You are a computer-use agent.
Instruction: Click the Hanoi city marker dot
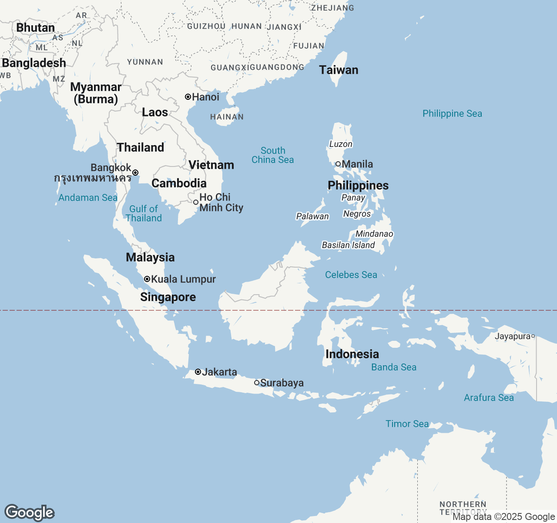[188, 97]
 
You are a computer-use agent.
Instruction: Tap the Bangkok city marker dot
[135, 173]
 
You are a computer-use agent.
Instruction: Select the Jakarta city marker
[198, 372]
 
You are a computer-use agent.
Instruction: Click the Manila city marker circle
[338, 164]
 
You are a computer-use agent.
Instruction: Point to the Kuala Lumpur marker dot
[147, 279]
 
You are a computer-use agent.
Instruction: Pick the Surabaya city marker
[257, 383]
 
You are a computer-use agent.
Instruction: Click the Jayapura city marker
[533, 336]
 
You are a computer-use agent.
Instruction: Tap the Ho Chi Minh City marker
[196, 202]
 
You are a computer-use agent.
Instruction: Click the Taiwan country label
[339, 70]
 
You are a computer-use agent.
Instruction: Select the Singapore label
[168, 297]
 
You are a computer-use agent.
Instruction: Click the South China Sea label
[273, 155]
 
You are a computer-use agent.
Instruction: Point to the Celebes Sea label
[351, 275]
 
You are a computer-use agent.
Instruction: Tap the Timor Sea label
[407, 424]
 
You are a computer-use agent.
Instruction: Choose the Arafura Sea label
[489, 397]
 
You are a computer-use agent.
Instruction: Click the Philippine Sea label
[452, 113]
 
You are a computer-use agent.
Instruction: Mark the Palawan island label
[312, 216]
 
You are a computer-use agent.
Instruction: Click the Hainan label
[227, 117]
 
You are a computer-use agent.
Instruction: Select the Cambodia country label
[179, 183]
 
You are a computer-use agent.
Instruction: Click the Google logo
[29, 513]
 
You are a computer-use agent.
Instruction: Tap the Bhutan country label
[36, 27]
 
